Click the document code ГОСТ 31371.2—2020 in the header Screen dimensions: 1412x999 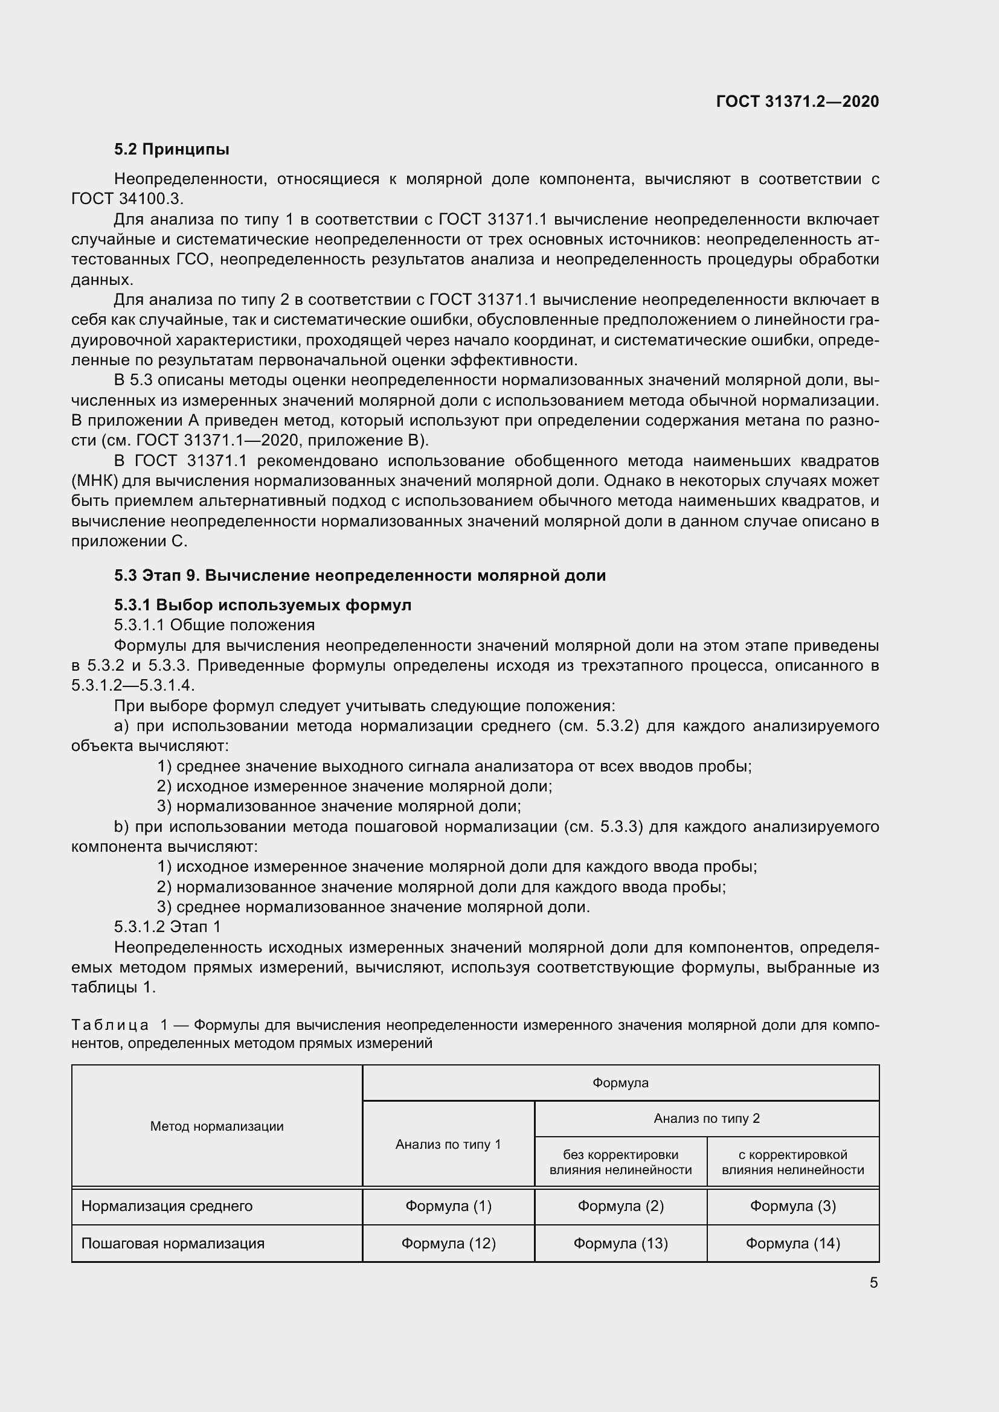797,101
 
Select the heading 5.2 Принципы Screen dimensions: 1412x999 172,150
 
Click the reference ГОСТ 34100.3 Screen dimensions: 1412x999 127,199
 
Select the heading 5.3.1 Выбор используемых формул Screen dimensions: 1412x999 263,605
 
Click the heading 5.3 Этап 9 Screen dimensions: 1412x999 360,576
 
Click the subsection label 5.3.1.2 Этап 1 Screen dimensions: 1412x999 167,927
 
